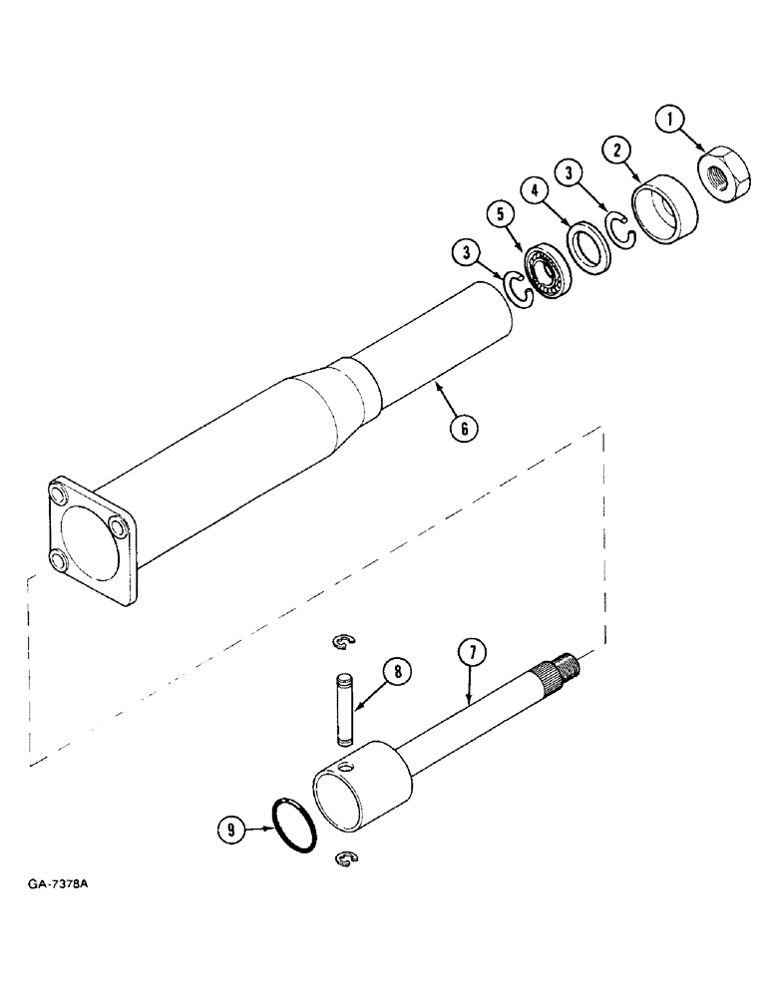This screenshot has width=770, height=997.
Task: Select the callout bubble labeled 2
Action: point(618,152)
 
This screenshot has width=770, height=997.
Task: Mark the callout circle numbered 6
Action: point(463,429)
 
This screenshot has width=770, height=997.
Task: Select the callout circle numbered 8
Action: point(397,672)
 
